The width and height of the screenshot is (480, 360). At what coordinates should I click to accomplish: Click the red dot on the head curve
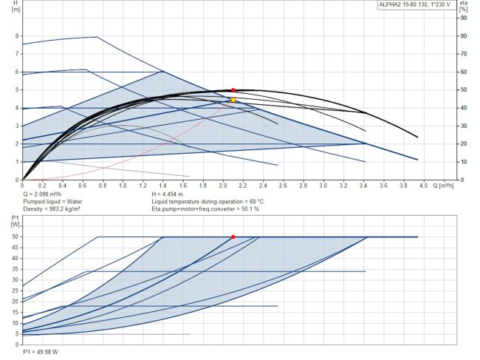point(233,89)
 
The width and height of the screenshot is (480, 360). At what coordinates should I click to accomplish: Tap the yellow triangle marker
point(233,99)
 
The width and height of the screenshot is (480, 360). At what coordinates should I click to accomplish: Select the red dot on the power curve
point(233,237)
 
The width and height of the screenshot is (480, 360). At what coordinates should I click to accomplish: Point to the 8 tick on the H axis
point(16,35)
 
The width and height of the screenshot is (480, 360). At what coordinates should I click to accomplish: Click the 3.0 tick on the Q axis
point(323,186)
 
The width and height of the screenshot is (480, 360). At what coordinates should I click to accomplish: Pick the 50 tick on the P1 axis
point(15,237)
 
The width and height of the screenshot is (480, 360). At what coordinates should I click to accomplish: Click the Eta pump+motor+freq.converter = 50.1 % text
point(205,208)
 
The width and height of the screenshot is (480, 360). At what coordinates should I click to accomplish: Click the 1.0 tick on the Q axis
point(123,186)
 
